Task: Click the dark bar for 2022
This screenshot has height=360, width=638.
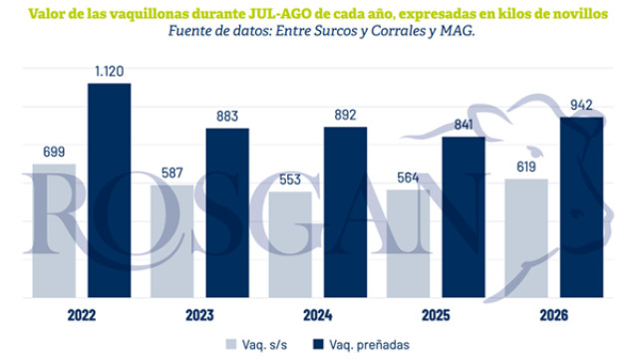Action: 110,190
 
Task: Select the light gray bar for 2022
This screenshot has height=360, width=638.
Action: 54,230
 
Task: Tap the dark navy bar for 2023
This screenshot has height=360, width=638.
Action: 227,212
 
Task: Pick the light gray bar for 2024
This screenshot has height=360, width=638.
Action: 290,244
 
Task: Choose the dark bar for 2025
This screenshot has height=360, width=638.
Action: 464,217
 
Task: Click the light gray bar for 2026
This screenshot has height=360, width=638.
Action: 526,238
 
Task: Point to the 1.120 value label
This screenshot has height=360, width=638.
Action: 110,71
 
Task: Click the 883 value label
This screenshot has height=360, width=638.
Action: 227,117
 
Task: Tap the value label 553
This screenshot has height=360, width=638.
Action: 290,180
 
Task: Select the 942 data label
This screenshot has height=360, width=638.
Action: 581,105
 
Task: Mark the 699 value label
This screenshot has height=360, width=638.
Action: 54,152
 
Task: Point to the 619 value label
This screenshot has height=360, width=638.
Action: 526,167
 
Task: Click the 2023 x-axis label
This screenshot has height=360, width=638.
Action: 199,315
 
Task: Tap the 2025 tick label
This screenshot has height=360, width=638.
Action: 436,315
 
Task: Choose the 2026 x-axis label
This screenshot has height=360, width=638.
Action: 554,315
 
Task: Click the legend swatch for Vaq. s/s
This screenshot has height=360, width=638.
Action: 231,344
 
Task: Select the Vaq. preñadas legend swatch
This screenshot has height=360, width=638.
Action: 318,344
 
